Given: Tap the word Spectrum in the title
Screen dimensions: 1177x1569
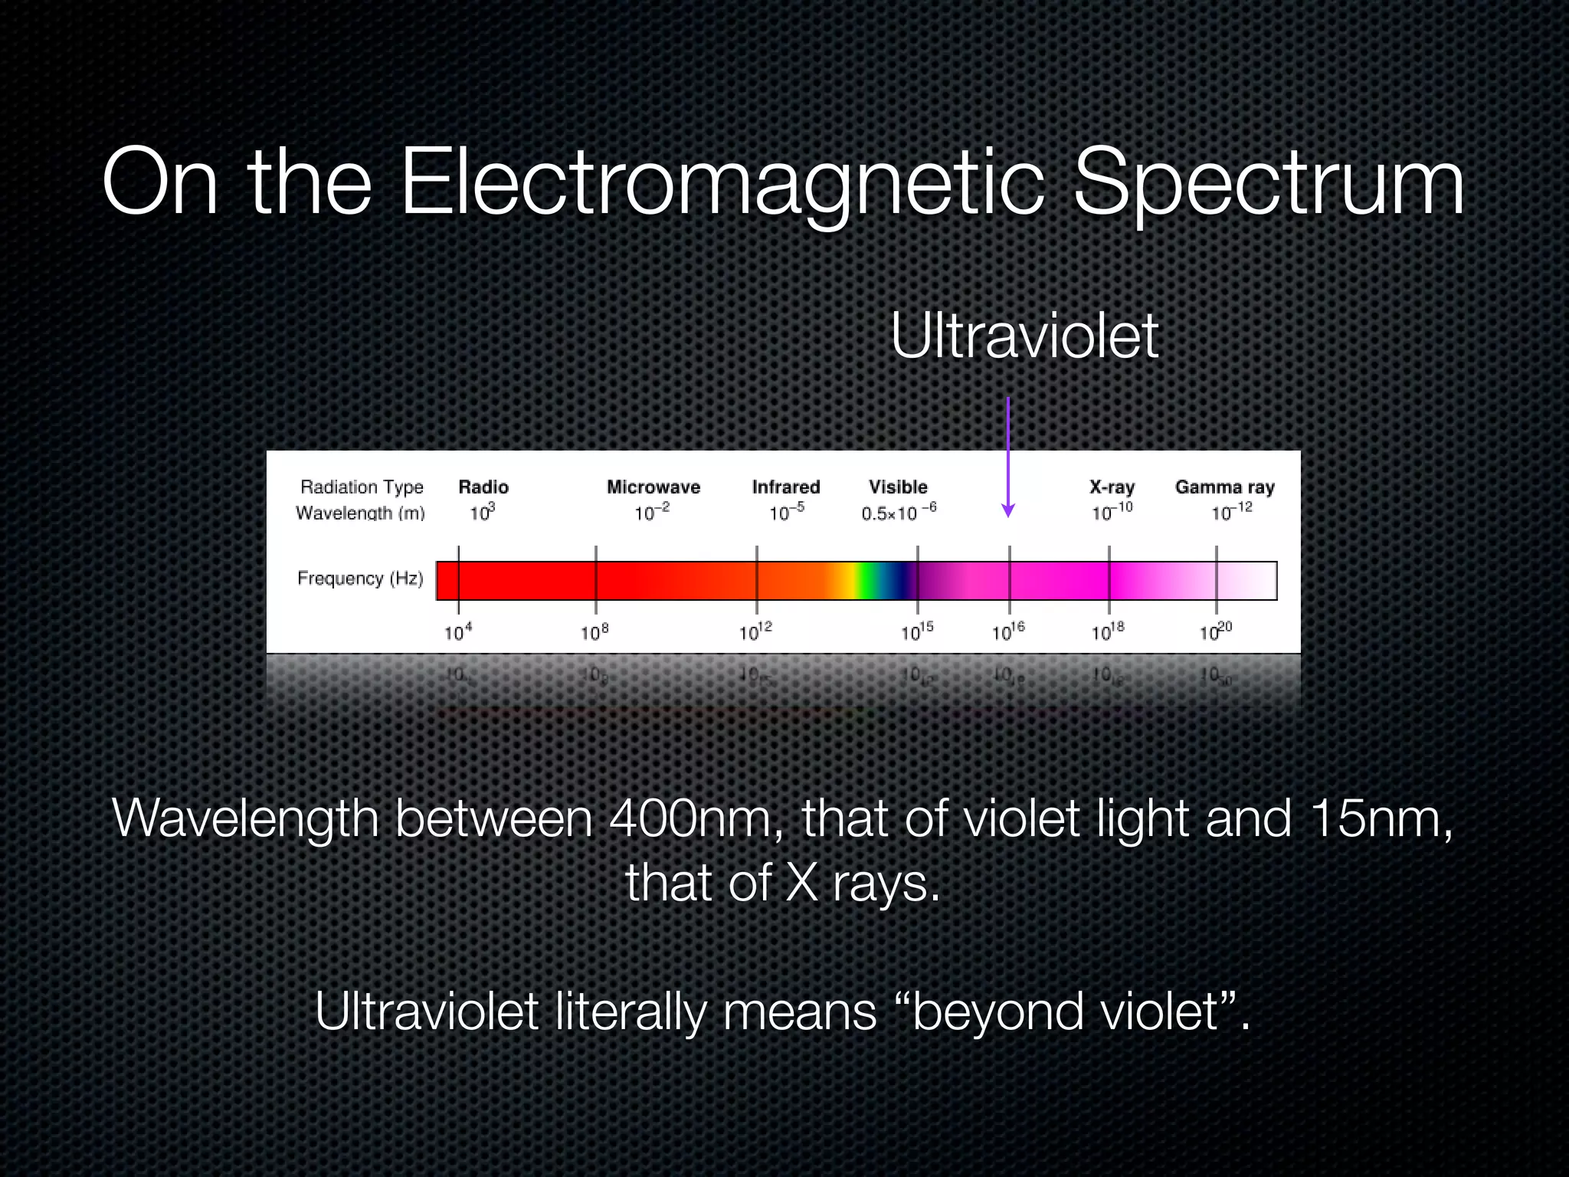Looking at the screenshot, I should pyautogui.click(x=1269, y=184).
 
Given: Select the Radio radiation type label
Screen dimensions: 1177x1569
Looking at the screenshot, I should pyautogui.click(x=483, y=487).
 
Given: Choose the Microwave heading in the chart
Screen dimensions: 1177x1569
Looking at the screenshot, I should pyautogui.click(x=653, y=487).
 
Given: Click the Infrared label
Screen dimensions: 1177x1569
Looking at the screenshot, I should pyautogui.click(x=786, y=487).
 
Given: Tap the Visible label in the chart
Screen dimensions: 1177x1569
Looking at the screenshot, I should pyautogui.click(x=898, y=487).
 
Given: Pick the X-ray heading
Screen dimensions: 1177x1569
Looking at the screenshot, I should pyautogui.click(x=1112, y=487).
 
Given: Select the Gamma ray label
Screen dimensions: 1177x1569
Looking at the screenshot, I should pyautogui.click(x=1224, y=487).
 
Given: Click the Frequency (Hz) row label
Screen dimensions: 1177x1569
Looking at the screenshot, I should pyautogui.click(x=360, y=579).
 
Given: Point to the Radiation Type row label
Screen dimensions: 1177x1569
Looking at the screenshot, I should pyautogui.click(x=362, y=487).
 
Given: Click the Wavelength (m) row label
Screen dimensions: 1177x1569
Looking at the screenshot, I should pyautogui.click(x=360, y=513).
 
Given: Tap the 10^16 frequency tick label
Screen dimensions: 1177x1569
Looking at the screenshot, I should pyautogui.click(x=1008, y=631).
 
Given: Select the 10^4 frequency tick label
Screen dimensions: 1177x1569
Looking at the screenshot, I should pyautogui.click(x=458, y=631).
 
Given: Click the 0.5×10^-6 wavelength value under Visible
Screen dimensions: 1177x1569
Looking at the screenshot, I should pyautogui.click(x=898, y=512).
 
